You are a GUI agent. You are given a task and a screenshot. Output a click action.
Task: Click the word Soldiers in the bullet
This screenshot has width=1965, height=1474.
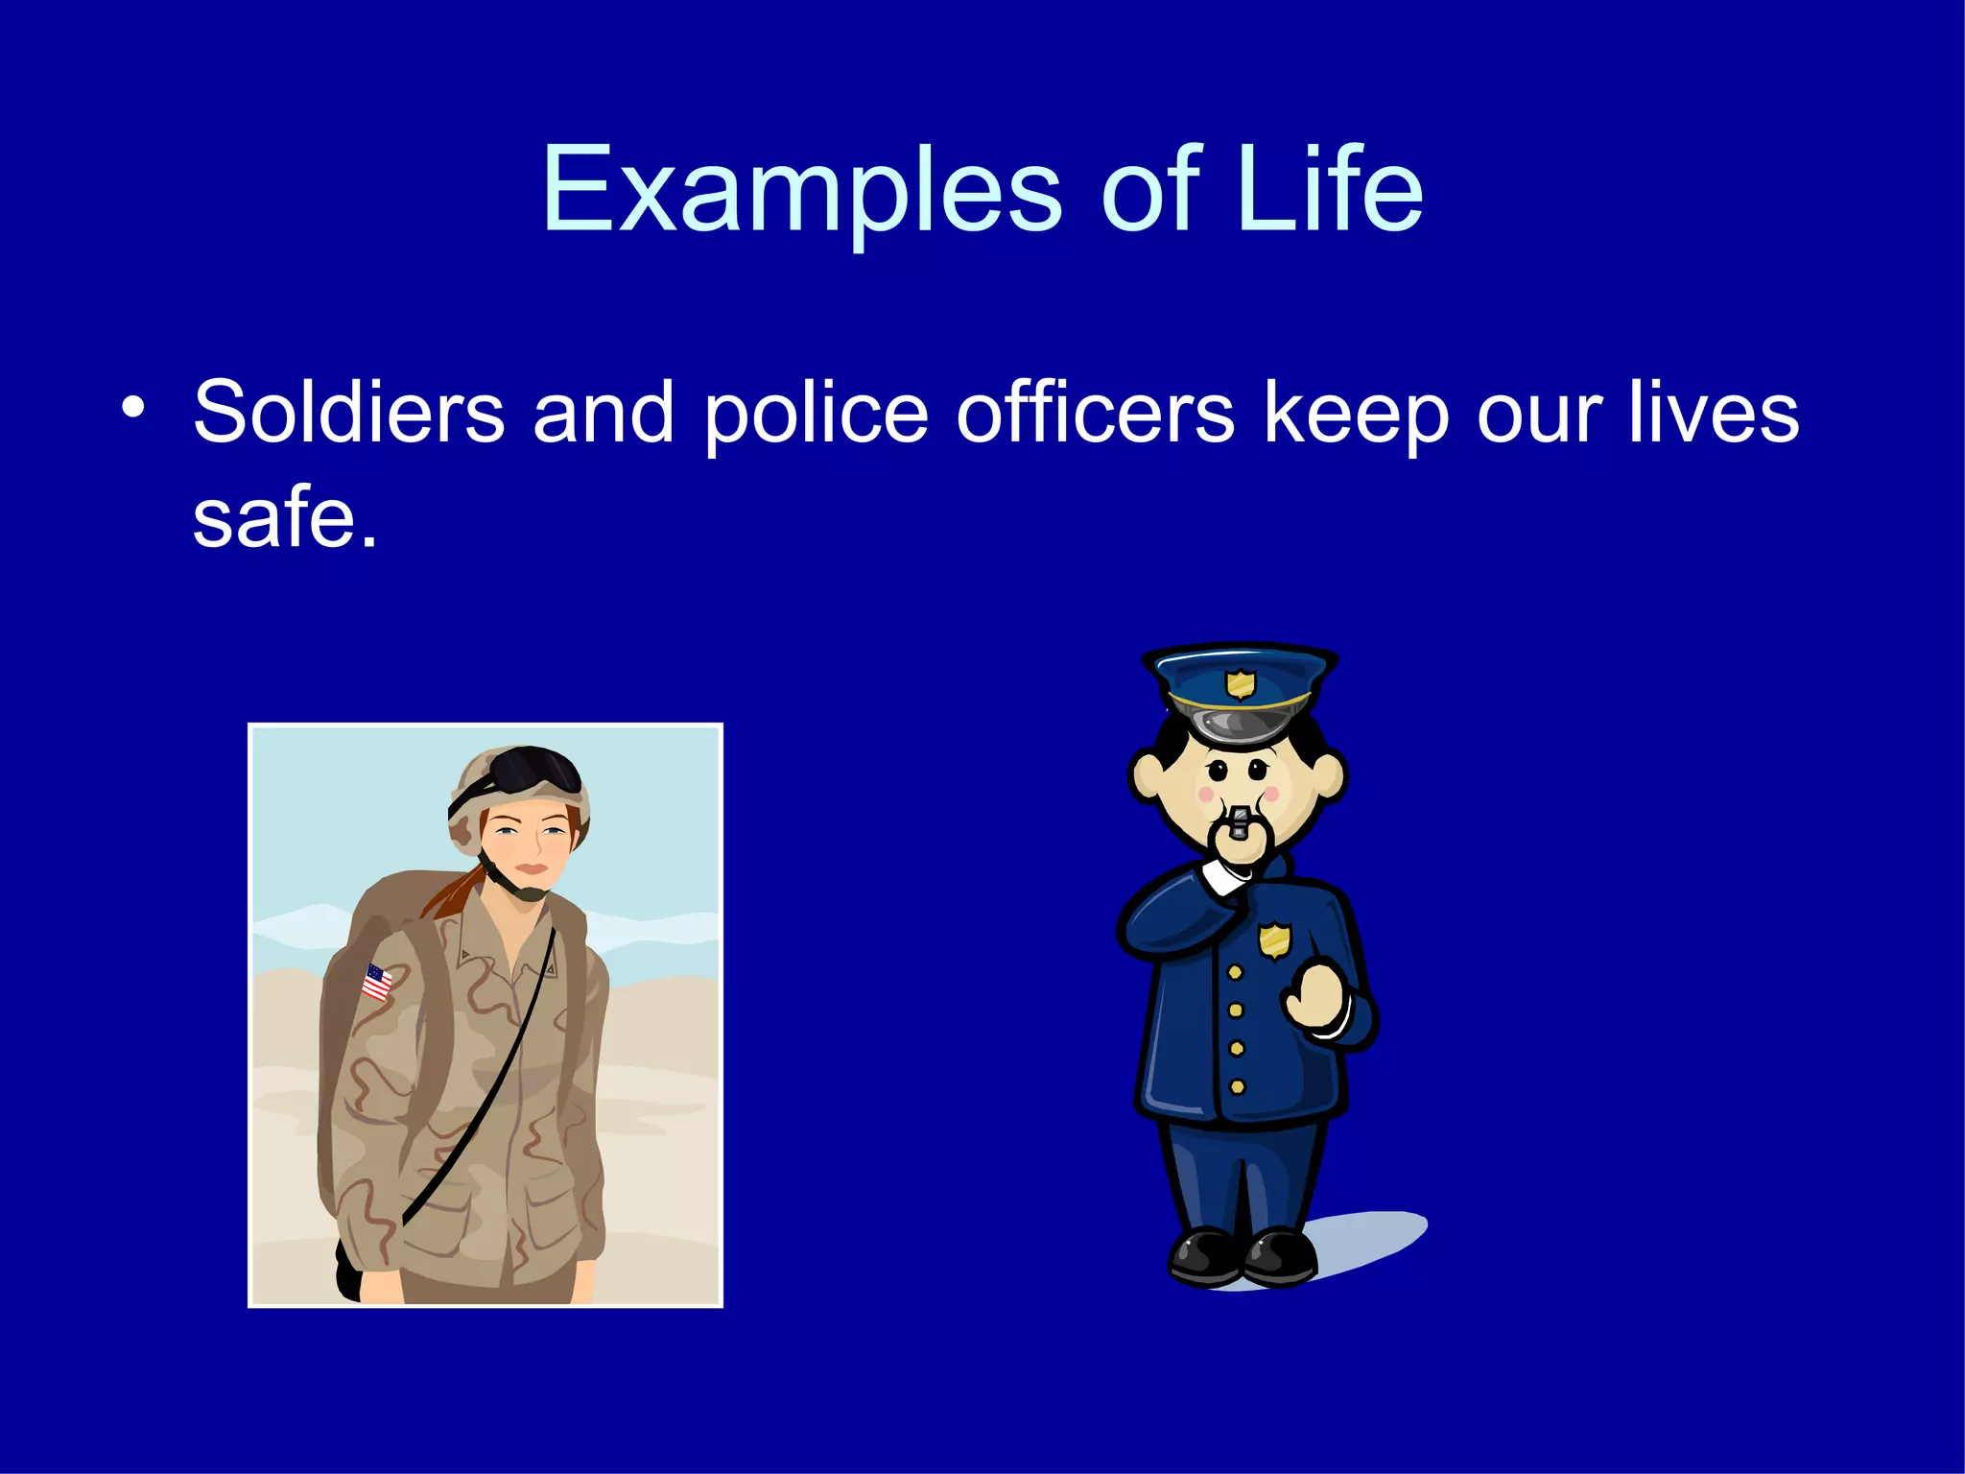[348, 413]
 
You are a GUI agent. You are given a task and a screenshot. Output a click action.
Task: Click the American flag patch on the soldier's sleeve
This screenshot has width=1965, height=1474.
[377, 983]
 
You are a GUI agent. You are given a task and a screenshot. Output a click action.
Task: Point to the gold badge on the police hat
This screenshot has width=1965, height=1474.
[1241, 684]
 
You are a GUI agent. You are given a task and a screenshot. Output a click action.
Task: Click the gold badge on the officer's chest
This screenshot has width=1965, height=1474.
[1274, 939]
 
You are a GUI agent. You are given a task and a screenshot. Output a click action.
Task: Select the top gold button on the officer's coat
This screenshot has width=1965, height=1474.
[1236, 973]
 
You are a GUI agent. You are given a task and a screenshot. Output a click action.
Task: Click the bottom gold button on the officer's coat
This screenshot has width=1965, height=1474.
[1238, 1087]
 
